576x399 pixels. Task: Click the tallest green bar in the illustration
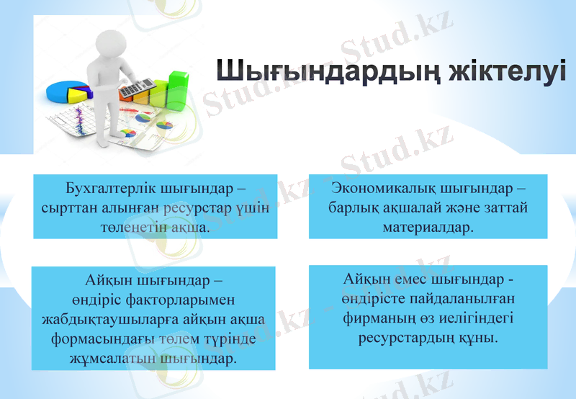[178, 88]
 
